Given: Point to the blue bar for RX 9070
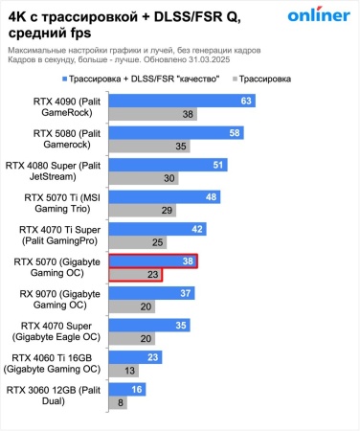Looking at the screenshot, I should point(151,293).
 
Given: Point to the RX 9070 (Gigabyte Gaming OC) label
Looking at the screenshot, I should point(58,301).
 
